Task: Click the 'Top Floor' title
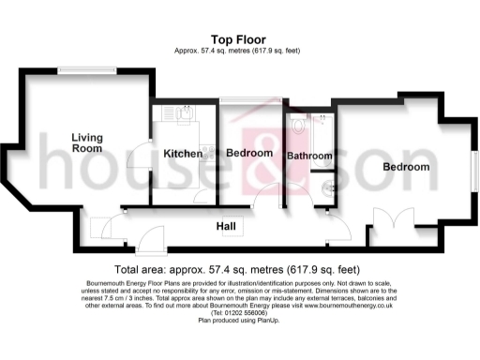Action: (x=234, y=39)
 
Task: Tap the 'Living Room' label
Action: (x=87, y=143)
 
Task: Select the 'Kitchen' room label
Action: (x=183, y=153)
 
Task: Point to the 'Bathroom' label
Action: (x=309, y=156)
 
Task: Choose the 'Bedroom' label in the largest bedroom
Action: (x=406, y=167)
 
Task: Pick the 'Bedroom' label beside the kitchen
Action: (x=249, y=153)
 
